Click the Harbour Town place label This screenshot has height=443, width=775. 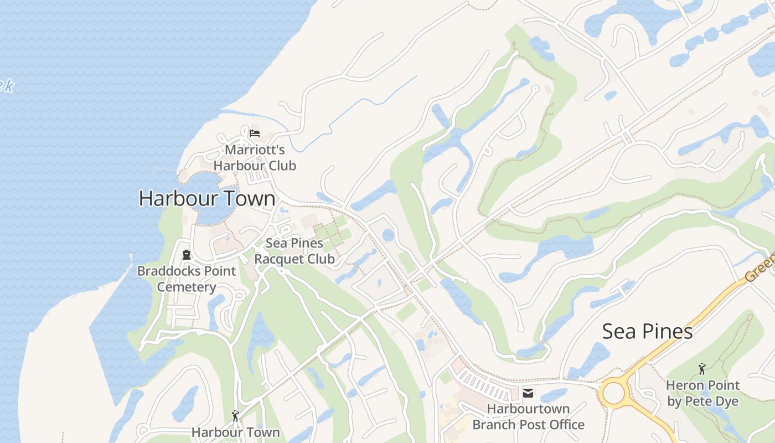[x=206, y=198]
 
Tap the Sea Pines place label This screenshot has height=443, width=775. [x=647, y=331]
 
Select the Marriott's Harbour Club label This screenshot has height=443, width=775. [x=255, y=158]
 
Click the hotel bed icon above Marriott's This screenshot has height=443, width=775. [x=255, y=133]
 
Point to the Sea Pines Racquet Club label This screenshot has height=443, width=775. [x=294, y=251]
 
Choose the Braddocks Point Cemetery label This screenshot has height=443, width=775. [x=186, y=279]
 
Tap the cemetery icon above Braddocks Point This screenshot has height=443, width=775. [x=186, y=255]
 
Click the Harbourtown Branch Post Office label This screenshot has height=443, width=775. [x=528, y=417]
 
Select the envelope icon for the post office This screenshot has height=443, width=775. [x=528, y=393]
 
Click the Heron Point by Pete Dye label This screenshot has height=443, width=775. [x=702, y=393]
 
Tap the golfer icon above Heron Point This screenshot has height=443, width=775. [x=702, y=368]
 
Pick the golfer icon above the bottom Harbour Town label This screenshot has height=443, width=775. [x=235, y=415]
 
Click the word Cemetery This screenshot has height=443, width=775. [x=186, y=287]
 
